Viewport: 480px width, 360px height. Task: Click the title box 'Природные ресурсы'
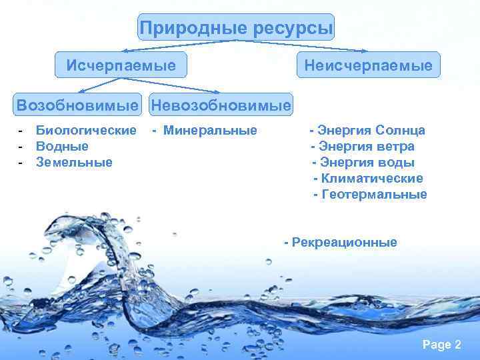pos(236,28)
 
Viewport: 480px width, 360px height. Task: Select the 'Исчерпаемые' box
pos(121,65)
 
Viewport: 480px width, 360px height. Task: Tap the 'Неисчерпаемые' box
pos(368,65)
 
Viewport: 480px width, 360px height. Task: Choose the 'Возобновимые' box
pos(79,105)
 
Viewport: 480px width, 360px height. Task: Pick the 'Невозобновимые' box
pos(221,105)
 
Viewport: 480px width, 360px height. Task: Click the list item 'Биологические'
pos(86,130)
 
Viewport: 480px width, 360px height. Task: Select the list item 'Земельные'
pos(74,162)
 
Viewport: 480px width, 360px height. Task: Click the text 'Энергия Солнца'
pos(371,130)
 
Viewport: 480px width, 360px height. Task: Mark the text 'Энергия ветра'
pos(366,146)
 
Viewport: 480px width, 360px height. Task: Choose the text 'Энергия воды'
pos(367,162)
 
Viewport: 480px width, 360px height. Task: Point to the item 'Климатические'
pos(371,179)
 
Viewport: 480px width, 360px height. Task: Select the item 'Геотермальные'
pos(373,195)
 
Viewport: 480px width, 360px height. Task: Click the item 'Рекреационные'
pos(343,243)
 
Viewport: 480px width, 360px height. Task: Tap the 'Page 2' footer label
pos(441,345)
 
